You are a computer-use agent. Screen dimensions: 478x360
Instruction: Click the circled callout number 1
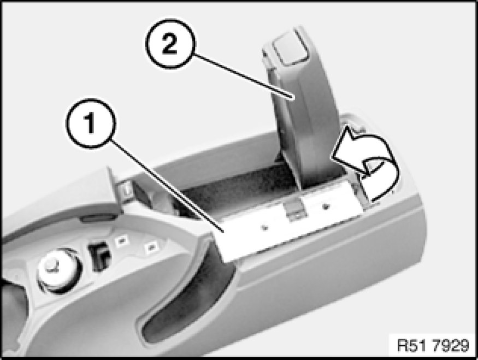pyautogui.click(x=91, y=123)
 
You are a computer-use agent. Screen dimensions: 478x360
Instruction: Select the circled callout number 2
pyautogui.click(x=170, y=44)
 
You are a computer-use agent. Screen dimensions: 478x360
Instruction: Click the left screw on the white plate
pyautogui.click(x=265, y=227)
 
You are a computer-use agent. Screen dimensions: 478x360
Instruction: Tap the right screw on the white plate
pyautogui.click(x=326, y=206)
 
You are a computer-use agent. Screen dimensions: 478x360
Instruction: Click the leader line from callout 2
pyautogui.click(x=243, y=76)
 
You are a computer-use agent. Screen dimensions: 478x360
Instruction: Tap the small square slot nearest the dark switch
pyautogui.click(x=122, y=241)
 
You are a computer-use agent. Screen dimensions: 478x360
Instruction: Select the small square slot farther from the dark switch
pyautogui.click(x=151, y=247)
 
